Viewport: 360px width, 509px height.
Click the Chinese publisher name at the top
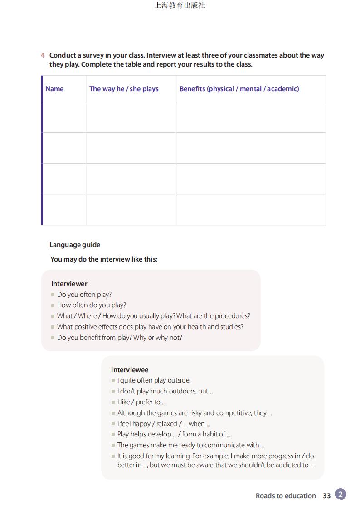tap(180, 5)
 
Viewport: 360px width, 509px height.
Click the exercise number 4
tap(43, 55)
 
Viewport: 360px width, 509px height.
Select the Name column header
tap(54, 89)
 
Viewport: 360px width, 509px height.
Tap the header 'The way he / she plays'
tap(124, 89)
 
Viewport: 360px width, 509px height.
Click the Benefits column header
tap(239, 89)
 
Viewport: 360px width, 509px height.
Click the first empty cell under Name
tap(64, 117)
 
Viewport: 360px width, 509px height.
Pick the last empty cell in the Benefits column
tap(251, 210)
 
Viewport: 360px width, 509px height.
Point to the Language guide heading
tap(75, 245)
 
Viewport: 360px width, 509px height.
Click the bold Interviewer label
tap(69, 284)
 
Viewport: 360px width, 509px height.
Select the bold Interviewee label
tap(130, 370)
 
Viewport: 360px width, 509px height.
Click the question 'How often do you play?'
tap(92, 305)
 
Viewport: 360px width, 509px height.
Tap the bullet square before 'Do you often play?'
tap(53, 295)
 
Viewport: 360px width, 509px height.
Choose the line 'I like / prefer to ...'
tap(141, 402)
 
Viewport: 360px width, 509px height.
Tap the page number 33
tap(327, 496)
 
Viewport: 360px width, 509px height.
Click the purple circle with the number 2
tap(341, 494)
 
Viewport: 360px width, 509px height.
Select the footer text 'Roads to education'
tap(286, 496)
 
